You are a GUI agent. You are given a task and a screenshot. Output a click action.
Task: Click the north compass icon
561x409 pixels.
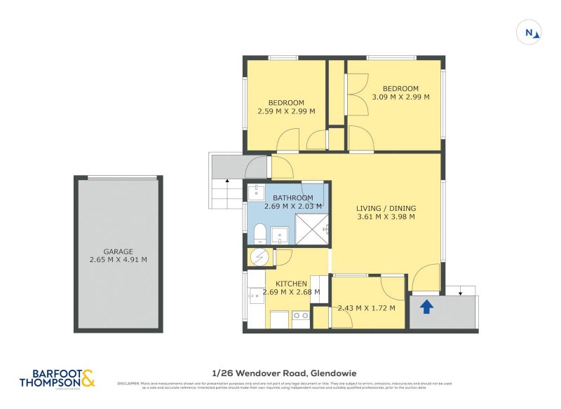529,32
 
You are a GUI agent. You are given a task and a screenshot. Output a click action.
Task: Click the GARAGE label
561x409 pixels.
119,251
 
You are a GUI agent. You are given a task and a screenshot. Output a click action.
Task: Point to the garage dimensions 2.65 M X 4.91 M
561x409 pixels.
119,260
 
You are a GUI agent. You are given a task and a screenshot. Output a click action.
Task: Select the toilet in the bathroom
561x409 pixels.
259,233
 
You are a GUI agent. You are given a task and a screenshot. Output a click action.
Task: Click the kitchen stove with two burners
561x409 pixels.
301,317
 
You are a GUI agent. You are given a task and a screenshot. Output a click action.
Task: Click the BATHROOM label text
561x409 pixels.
293,197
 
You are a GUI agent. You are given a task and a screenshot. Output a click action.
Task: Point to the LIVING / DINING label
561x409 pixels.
386,208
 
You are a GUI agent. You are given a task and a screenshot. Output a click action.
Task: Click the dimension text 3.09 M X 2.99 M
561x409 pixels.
396,97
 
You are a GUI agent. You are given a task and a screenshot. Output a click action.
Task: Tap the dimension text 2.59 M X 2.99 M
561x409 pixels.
286,111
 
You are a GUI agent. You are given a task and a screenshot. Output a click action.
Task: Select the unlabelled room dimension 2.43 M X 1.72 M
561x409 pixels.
366,308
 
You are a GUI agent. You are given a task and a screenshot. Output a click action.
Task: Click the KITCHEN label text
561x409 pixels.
290,284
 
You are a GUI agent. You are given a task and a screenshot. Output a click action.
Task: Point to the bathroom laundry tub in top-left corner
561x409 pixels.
257,193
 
